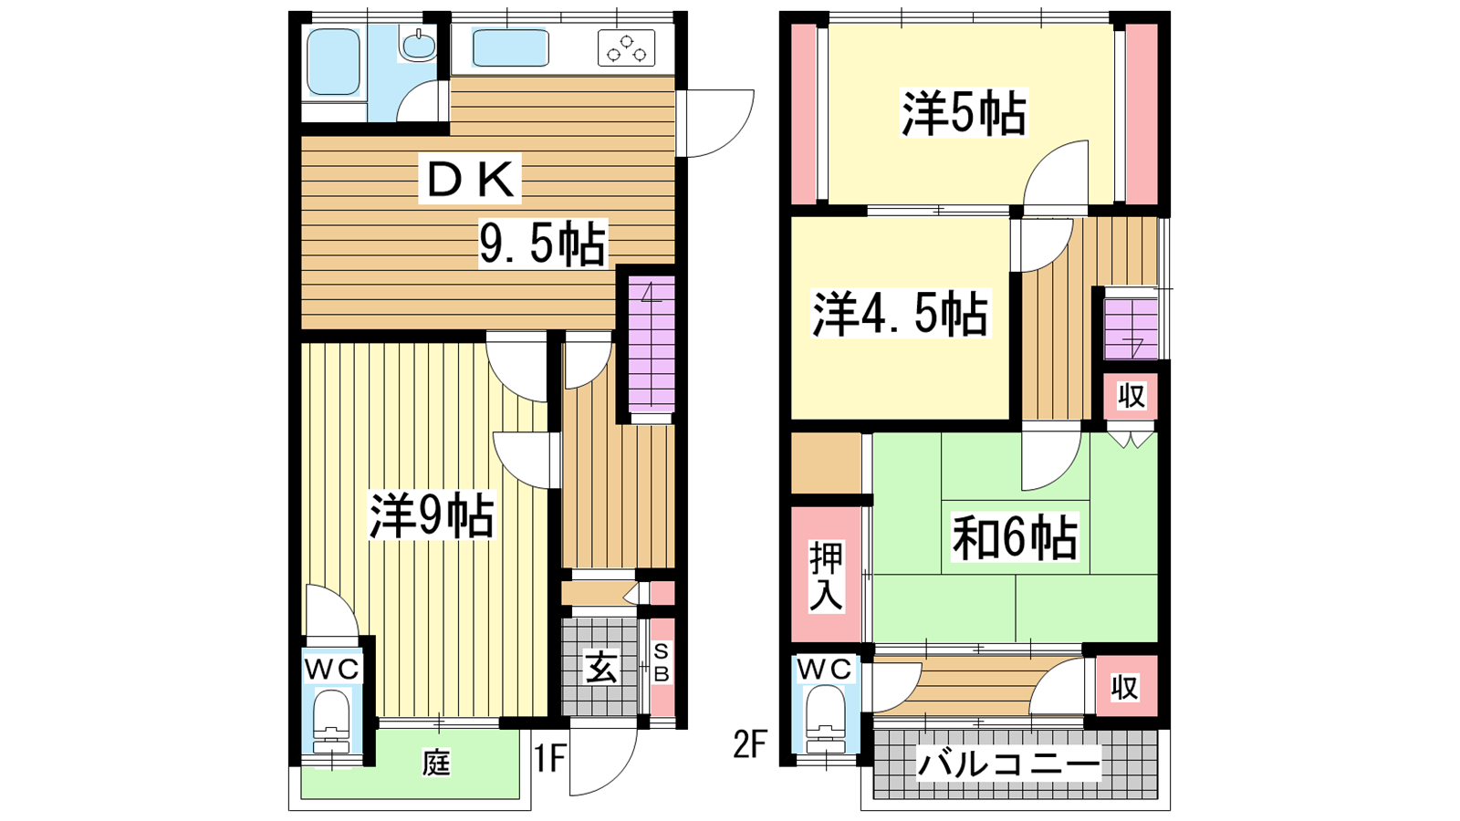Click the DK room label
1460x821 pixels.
470,179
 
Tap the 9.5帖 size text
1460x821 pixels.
543,244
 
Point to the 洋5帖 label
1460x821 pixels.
964,113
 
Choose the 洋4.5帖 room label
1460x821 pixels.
900,314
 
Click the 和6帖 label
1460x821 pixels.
1014,537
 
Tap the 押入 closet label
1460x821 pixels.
826,576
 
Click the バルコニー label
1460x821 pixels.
1008,763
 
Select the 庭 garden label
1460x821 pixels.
436,763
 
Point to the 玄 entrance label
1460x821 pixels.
600,668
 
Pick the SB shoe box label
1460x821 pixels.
661,663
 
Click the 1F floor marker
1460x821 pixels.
548,758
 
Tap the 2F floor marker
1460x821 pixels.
749,743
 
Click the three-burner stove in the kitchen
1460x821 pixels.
626,48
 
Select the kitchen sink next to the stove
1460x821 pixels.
510,47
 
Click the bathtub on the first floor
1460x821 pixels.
333,62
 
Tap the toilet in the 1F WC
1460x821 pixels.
332,722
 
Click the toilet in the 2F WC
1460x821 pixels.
825,722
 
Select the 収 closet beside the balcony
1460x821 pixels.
1126,687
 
